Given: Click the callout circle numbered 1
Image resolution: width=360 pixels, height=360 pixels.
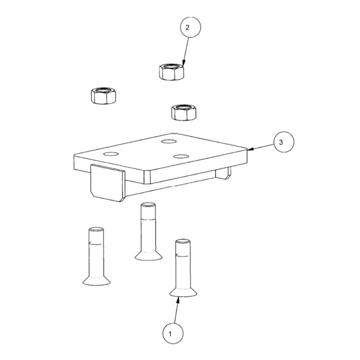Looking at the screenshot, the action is (x=173, y=333).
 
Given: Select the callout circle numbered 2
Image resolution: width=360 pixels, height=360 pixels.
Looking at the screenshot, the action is (x=190, y=27).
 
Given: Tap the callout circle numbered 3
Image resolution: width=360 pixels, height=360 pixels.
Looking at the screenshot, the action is (x=284, y=142).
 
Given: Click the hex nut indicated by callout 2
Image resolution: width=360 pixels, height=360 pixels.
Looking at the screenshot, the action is (x=171, y=72).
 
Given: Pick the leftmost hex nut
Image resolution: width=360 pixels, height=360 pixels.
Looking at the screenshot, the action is (x=103, y=95).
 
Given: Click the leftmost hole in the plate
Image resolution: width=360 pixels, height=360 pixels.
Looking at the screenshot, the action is (x=111, y=154).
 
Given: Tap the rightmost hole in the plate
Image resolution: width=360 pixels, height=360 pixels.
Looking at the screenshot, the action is (x=181, y=156).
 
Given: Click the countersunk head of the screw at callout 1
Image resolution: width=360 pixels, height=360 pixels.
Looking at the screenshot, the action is (x=183, y=292).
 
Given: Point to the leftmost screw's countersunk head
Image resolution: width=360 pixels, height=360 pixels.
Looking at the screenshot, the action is (x=96, y=280).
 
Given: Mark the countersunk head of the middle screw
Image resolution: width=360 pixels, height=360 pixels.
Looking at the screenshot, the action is (x=148, y=256).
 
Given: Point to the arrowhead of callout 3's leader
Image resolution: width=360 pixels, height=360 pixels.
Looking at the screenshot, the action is (x=250, y=149).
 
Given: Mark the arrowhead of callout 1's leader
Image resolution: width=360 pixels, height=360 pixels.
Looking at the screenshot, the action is (x=178, y=299).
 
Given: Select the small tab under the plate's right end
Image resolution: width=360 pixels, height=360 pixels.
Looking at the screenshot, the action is (x=223, y=173).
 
